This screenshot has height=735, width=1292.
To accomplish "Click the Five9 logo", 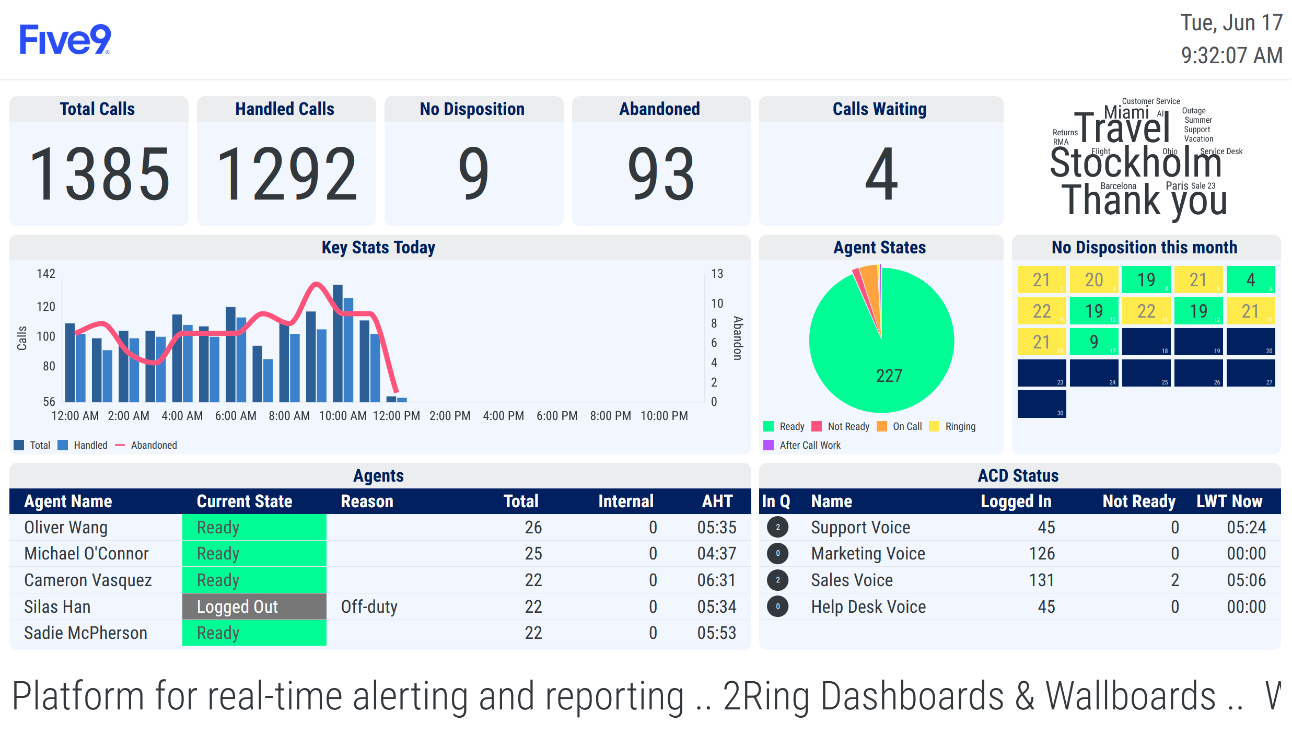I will click(65, 40).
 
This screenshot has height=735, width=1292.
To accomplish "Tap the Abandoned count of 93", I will click(661, 174).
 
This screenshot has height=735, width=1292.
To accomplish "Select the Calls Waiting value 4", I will click(881, 174).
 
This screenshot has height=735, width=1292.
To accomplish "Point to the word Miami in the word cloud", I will click(1126, 112).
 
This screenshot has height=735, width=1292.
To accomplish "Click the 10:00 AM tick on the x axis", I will click(343, 416).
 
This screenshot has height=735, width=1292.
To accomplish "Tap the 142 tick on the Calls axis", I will click(46, 274).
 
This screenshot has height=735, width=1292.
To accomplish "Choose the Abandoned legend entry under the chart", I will click(153, 445).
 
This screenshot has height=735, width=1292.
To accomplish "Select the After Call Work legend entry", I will click(809, 445).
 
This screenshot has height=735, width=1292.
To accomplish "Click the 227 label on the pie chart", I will click(889, 376).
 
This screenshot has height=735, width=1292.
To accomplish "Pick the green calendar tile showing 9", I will click(1093, 342).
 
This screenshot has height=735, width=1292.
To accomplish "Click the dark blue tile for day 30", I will click(1041, 404).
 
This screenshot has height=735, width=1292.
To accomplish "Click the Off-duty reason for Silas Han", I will click(369, 606).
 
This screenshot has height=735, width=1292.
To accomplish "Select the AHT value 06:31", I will click(716, 580).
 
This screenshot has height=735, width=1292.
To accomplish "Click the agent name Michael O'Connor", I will click(86, 553).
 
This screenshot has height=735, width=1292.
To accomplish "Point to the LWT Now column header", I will click(1229, 501).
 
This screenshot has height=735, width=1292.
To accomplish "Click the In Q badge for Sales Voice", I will click(777, 580).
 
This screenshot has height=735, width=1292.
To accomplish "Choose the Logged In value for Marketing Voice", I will click(1042, 553).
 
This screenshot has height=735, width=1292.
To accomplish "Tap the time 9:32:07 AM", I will click(1231, 55).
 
